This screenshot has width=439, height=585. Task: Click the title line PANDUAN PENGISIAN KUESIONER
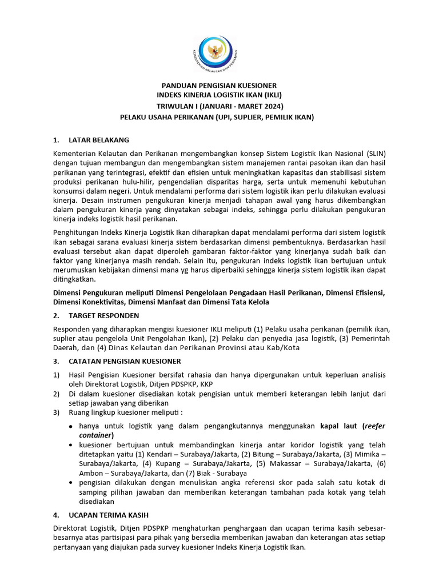click(x=219, y=85)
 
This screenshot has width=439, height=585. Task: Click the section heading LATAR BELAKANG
click(x=98, y=140)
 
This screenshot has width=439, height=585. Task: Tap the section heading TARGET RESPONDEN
click(x=103, y=315)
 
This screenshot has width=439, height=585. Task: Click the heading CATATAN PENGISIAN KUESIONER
click(x=125, y=361)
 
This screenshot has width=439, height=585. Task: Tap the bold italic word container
click(x=95, y=435)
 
